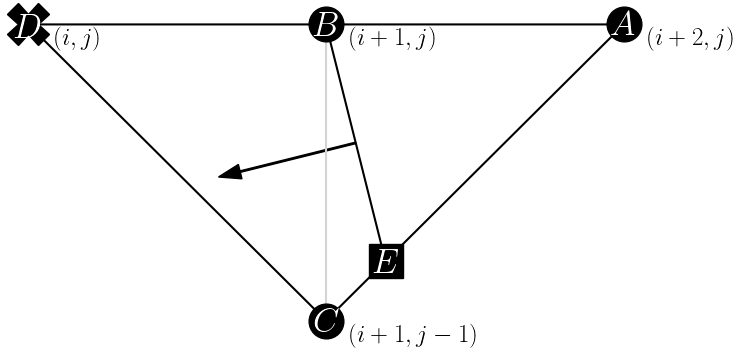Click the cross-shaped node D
[29, 26]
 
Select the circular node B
[327, 24]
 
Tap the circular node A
[624, 24]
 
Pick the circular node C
[326, 321]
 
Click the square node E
[386, 261]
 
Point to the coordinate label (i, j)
[77, 40]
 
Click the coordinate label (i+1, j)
[392, 40]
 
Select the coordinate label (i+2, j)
[690, 40]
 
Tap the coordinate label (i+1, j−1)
[412, 334]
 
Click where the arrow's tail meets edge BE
[356, 144]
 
